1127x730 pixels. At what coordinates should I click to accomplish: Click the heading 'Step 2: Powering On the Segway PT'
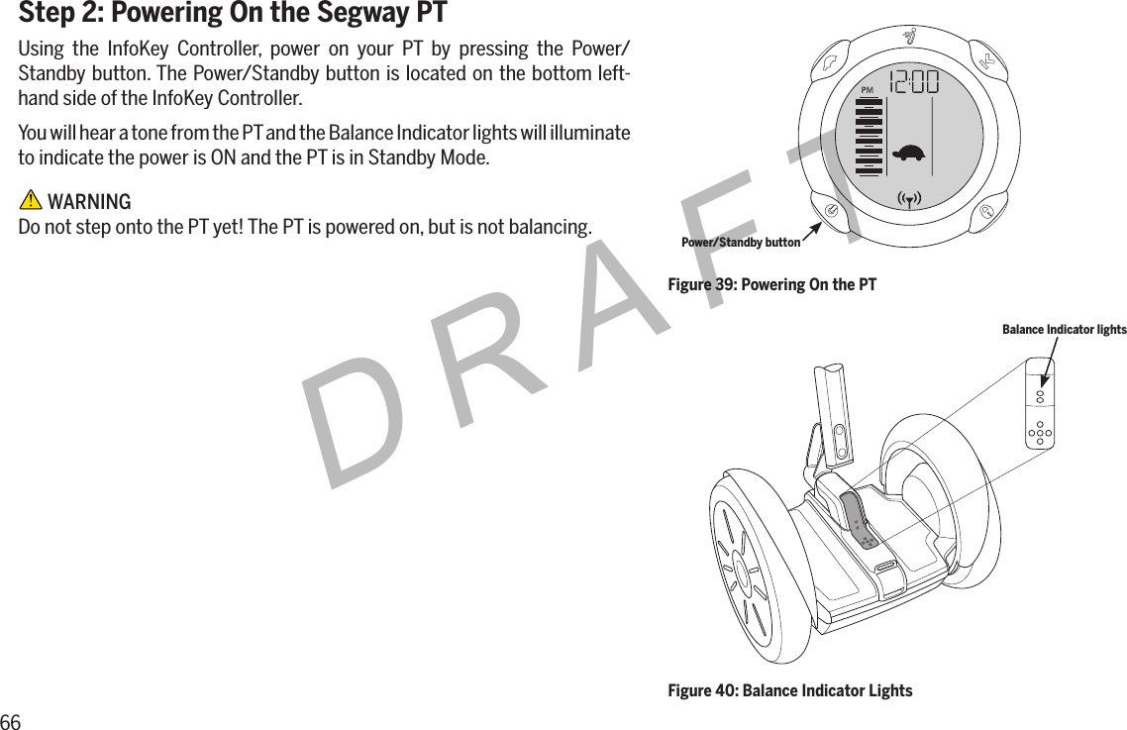tap(233, 15)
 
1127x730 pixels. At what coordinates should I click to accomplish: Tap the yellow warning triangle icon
tap(31, 202)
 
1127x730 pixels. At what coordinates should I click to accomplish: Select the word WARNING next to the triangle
tap(89, 202)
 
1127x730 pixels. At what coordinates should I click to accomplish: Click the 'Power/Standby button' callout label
tap(741, 242)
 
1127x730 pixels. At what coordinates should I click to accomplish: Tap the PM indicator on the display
tap(868, 90)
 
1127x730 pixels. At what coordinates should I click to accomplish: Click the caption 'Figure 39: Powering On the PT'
tap(771, 285)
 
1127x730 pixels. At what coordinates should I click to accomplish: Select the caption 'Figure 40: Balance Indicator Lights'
tap(790, 690)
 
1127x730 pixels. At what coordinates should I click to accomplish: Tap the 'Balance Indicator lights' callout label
tap(1064, 329)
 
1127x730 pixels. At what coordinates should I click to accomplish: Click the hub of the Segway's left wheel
tap(741, 572)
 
